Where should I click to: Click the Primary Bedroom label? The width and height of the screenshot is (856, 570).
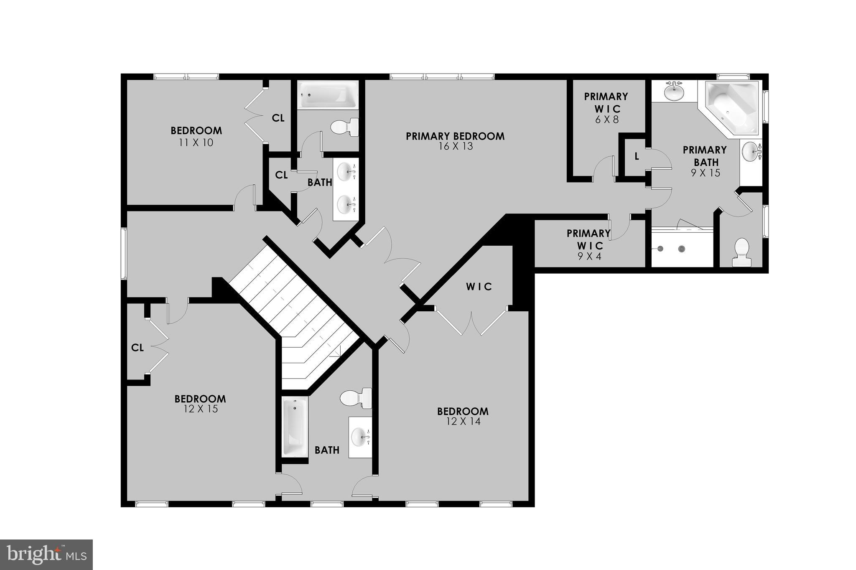(x=455, y=136)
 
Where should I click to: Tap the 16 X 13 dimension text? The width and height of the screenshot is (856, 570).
(x=456, y=147)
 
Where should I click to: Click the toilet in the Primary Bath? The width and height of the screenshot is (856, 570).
(x=741, y=252)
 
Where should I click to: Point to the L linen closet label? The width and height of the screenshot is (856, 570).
(x=637, y=157)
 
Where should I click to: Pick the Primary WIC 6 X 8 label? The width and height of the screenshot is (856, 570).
(x=606, y=108)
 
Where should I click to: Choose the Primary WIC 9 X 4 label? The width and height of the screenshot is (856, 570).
(x=588, y=245)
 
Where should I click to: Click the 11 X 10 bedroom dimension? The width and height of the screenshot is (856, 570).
(x=196, y=143)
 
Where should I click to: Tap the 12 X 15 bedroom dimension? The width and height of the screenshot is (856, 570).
(x=200, y=409)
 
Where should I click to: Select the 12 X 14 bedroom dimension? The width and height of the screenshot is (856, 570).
(x=463, y=422)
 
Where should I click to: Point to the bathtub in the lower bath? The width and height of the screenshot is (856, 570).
(x=295, y=426)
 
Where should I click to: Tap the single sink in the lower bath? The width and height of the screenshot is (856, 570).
(x=360, y=437)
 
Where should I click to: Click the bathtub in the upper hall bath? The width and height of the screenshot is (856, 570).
(x=328, y=94)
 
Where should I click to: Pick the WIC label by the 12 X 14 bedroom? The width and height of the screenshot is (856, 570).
(x=479, y=287)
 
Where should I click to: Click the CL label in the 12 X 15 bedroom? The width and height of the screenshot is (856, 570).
(x=138, y=348)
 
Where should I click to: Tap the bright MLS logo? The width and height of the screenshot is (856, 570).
(x=46, y=555)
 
